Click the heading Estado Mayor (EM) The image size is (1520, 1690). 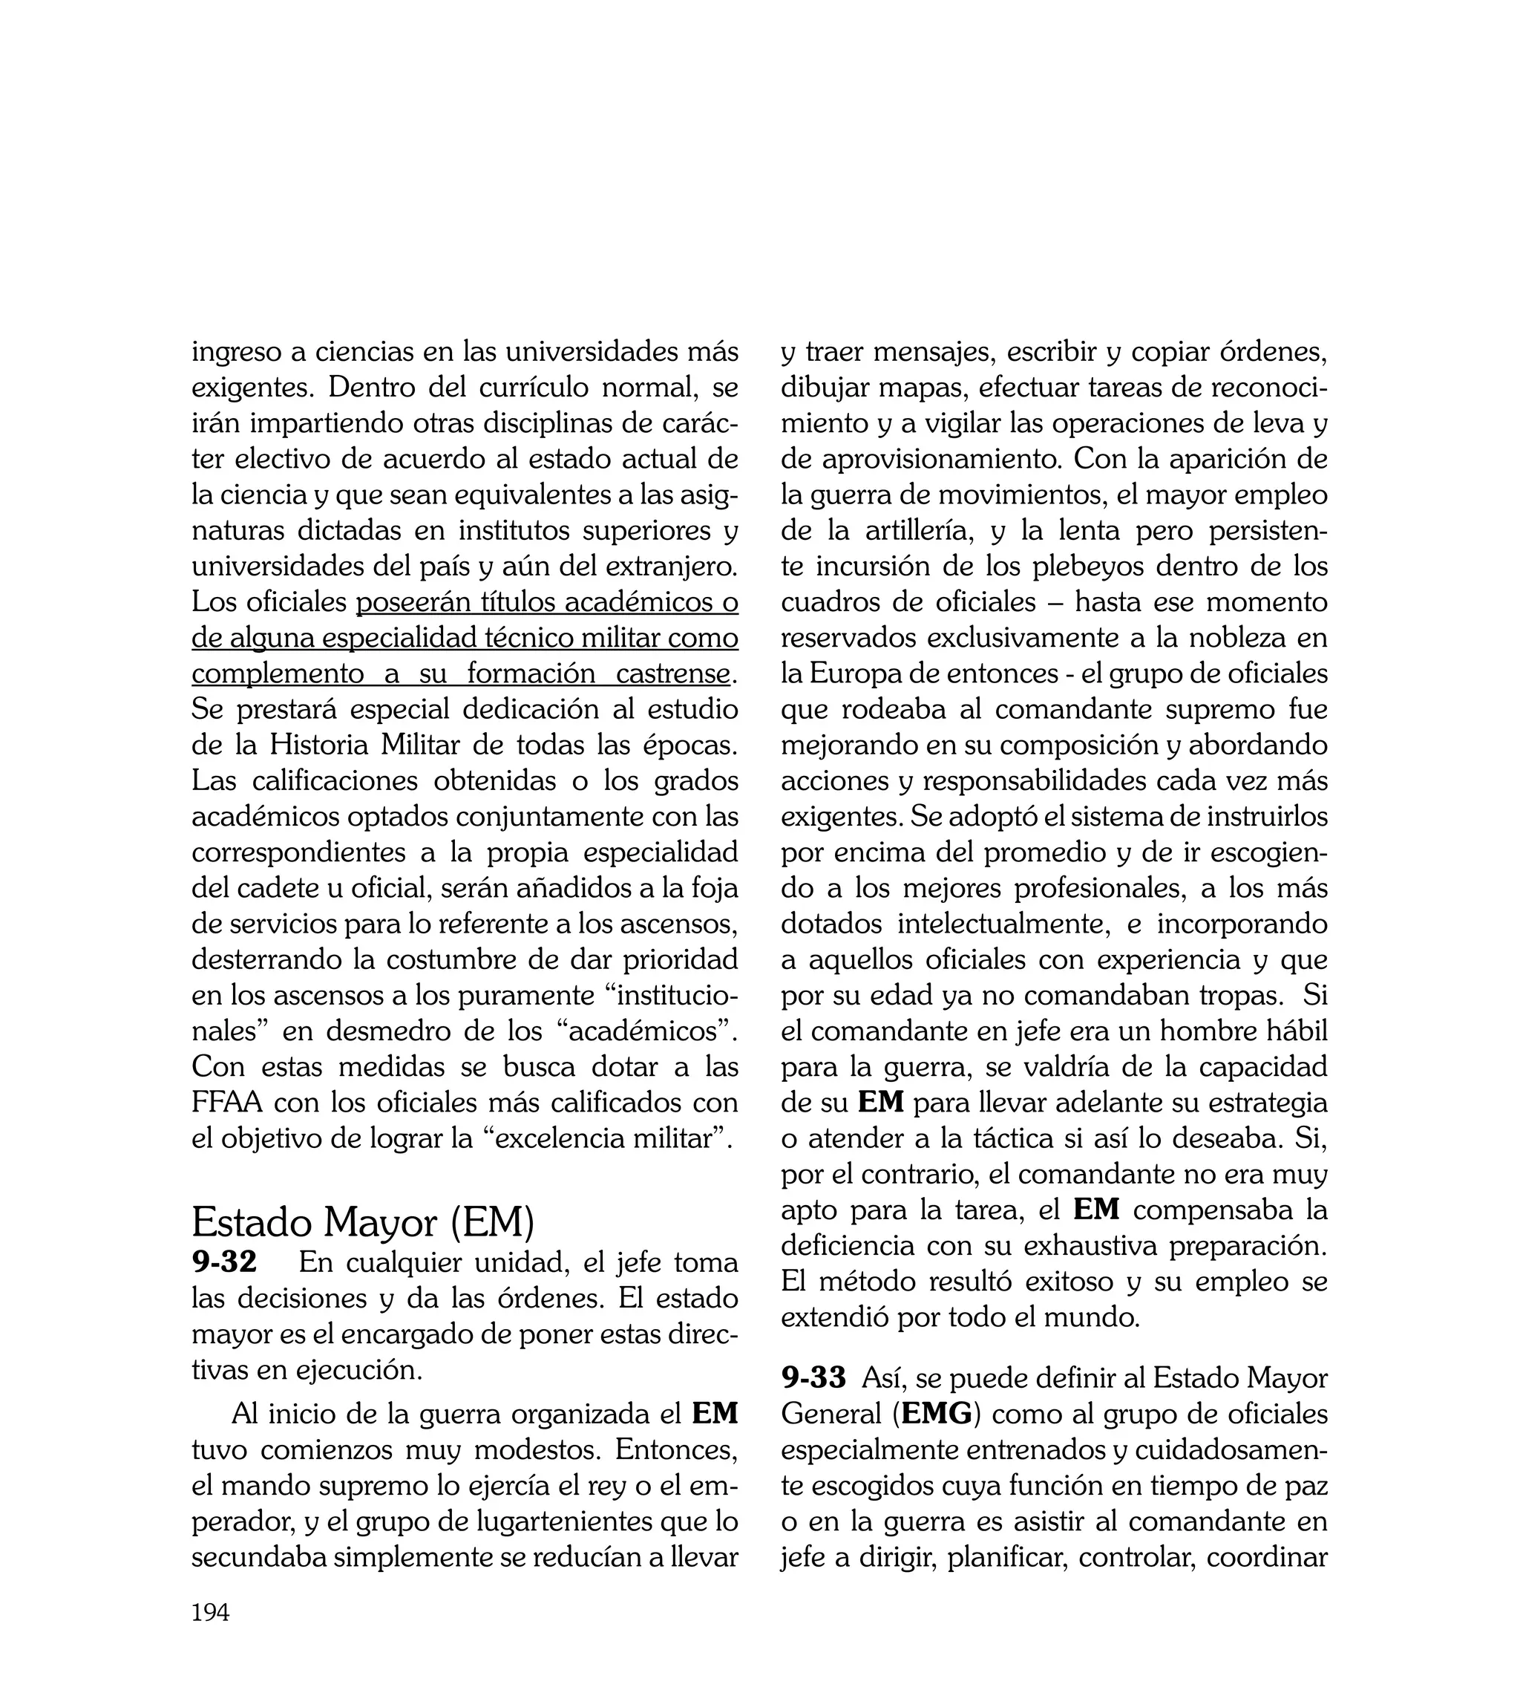pos(362,1223)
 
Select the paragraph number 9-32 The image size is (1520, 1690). pos(224,1262)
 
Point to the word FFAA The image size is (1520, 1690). pos(226,1103)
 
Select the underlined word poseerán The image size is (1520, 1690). pos(409,601)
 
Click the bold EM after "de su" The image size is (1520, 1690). pos(881,1103)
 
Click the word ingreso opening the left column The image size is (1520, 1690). pos(235,352)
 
